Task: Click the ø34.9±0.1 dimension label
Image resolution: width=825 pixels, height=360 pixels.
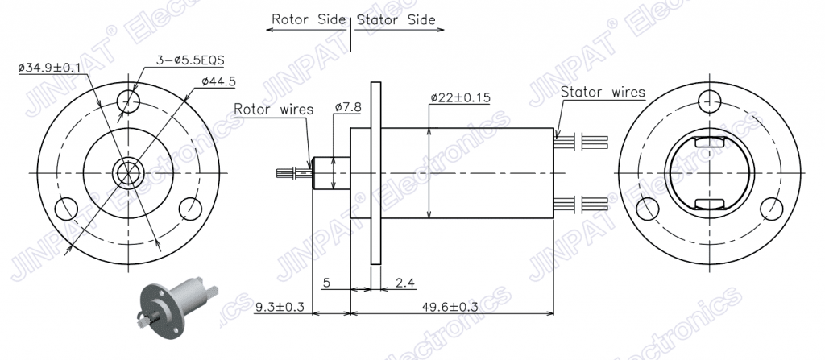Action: pos(49,68)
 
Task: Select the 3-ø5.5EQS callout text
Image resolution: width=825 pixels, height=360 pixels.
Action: pos(191,60)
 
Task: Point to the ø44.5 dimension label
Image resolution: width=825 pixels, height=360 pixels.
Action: pos(218,81)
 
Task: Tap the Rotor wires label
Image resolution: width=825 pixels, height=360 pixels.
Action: pos(274,110)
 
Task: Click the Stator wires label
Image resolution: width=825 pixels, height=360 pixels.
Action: pos(603,92)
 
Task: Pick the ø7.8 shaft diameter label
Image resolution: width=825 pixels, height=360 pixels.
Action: pos(348,107)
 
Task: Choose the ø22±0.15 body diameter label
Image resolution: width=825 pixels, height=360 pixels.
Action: pos(460,98)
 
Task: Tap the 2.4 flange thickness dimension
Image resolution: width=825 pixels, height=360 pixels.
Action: pos(405,283)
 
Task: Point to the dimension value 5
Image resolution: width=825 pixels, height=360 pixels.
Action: pos(326,283)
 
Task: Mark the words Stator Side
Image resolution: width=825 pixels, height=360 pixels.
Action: pos(396,20)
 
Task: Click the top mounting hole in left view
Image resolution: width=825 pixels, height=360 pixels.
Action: pos(128,101)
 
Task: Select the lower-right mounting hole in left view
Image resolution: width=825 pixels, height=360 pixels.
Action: pos(190,209)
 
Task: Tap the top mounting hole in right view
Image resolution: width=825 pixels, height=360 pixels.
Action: pos(709,101)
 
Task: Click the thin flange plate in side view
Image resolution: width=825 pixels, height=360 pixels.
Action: pos(375,173)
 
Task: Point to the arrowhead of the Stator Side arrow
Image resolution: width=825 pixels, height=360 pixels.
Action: pos(440,30)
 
